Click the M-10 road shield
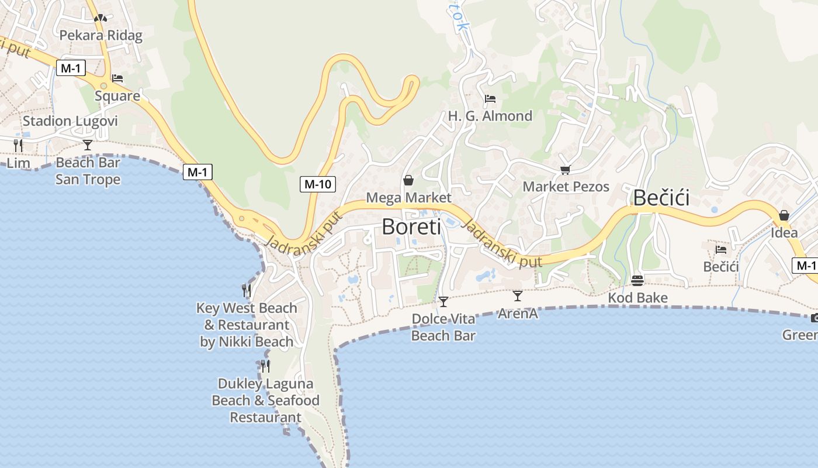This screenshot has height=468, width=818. [318, 184]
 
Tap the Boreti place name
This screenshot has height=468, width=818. [409, 226]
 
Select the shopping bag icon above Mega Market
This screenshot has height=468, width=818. [408, 180]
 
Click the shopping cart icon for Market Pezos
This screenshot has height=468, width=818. [565, 170]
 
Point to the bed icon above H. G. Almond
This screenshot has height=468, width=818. [490, 99]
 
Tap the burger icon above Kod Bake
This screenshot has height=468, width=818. [637, 281]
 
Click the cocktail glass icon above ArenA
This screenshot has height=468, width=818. [518, 296]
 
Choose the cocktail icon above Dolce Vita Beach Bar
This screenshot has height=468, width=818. [443, 302]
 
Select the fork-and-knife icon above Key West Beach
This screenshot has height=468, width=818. [247, 290]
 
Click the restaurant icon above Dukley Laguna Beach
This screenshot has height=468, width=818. [265, 366]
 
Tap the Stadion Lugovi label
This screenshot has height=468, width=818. [70, 121]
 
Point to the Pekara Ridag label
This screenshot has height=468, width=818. [101, 35]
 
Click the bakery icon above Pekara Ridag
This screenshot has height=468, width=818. [100, 18]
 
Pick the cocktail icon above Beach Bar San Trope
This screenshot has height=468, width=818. [88, 144]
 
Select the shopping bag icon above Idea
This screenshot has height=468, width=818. [784, 215]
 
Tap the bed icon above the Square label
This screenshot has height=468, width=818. [117, 78]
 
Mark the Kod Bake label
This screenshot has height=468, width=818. [637, 298]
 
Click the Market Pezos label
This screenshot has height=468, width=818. [566, 187]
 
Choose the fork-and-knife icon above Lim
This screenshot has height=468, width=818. [18, 145]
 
